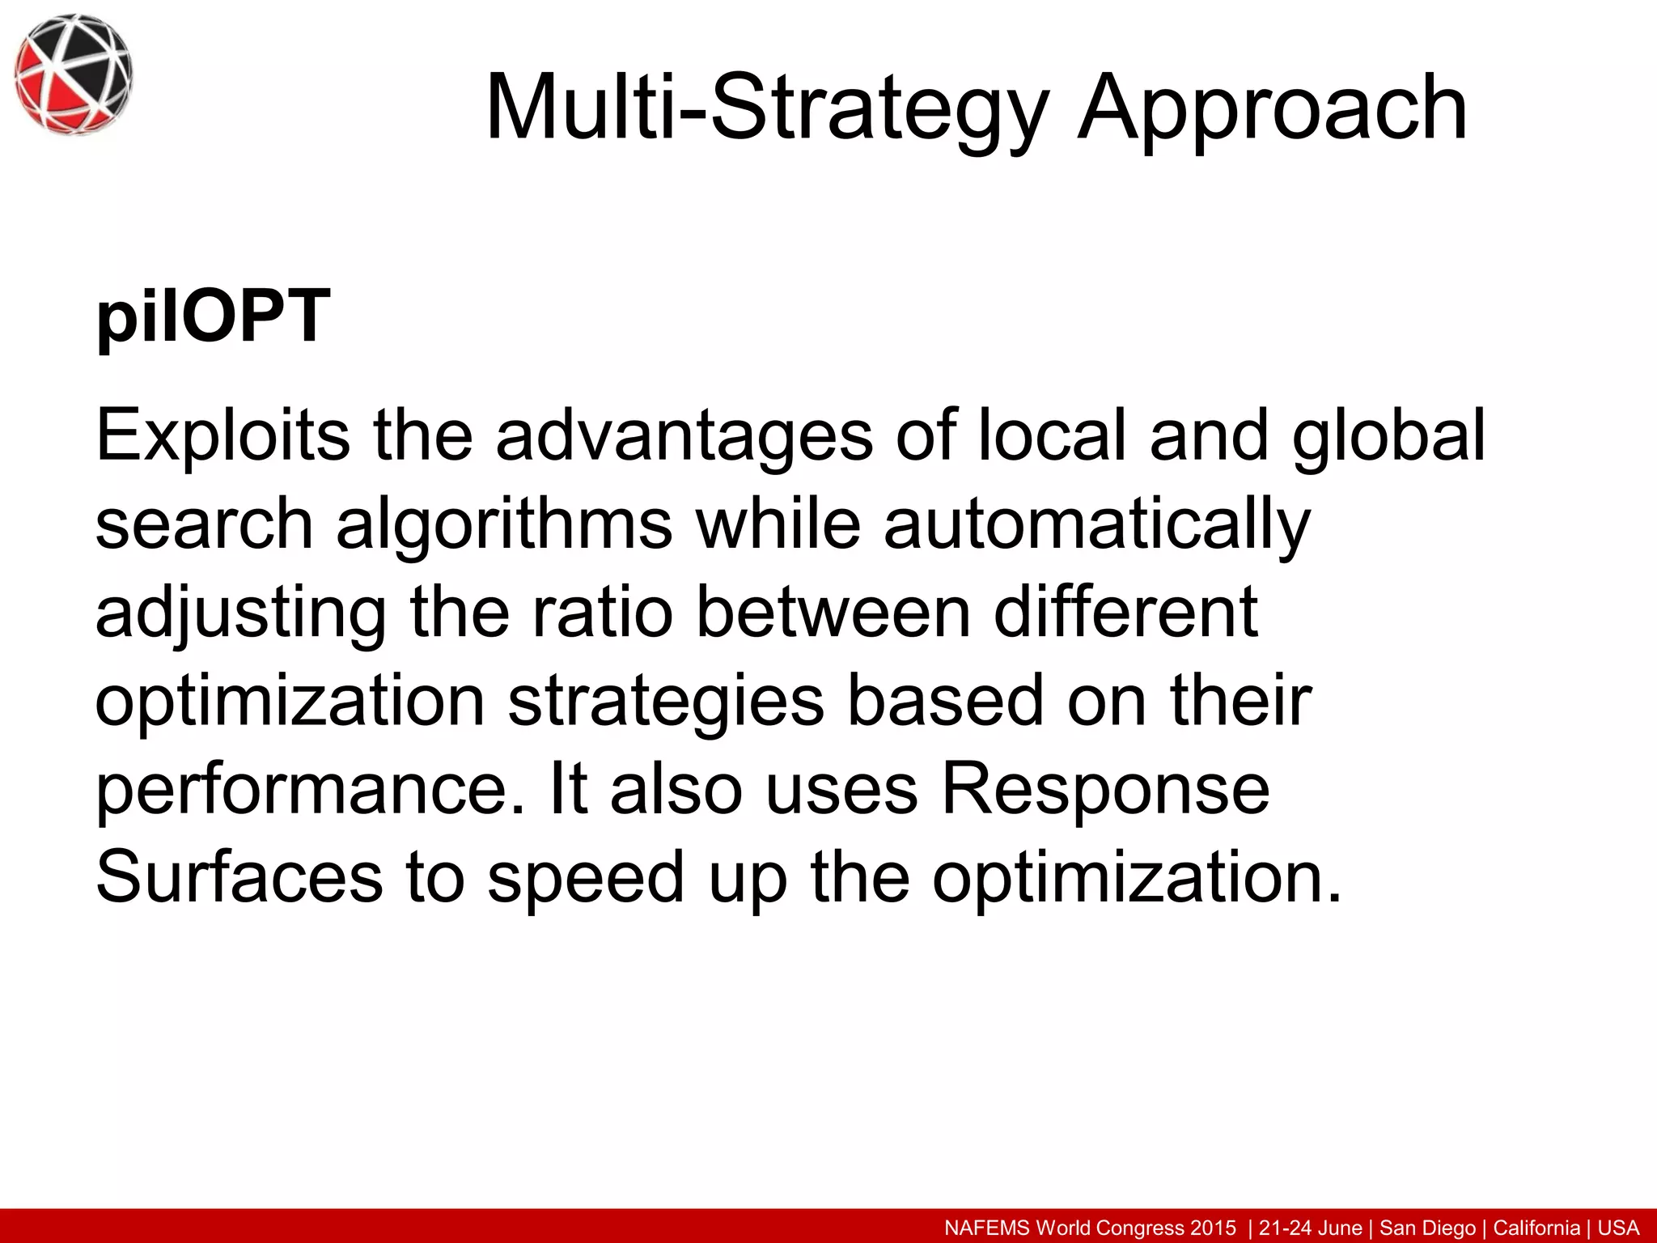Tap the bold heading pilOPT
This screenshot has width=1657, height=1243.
coord(213,317)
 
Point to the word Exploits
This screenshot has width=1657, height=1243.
coord(222,437)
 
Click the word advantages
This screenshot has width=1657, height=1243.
coord(684,437)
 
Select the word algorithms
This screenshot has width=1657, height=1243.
coord(504,525)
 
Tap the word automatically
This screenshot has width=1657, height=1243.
coord(1097,525)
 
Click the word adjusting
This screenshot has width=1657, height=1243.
coord(240,613)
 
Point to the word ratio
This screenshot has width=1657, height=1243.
coord(602,612)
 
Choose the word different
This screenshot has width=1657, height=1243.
coord(1125,612)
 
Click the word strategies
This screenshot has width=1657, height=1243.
coord(666,702)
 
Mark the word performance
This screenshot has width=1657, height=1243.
coord(311,791)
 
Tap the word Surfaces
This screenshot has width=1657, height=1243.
coord(239,877)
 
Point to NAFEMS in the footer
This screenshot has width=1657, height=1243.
coord(987,1228)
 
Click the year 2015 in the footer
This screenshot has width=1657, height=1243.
coord(1212,1228)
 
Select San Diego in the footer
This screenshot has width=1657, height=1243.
coord(1428,1228)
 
